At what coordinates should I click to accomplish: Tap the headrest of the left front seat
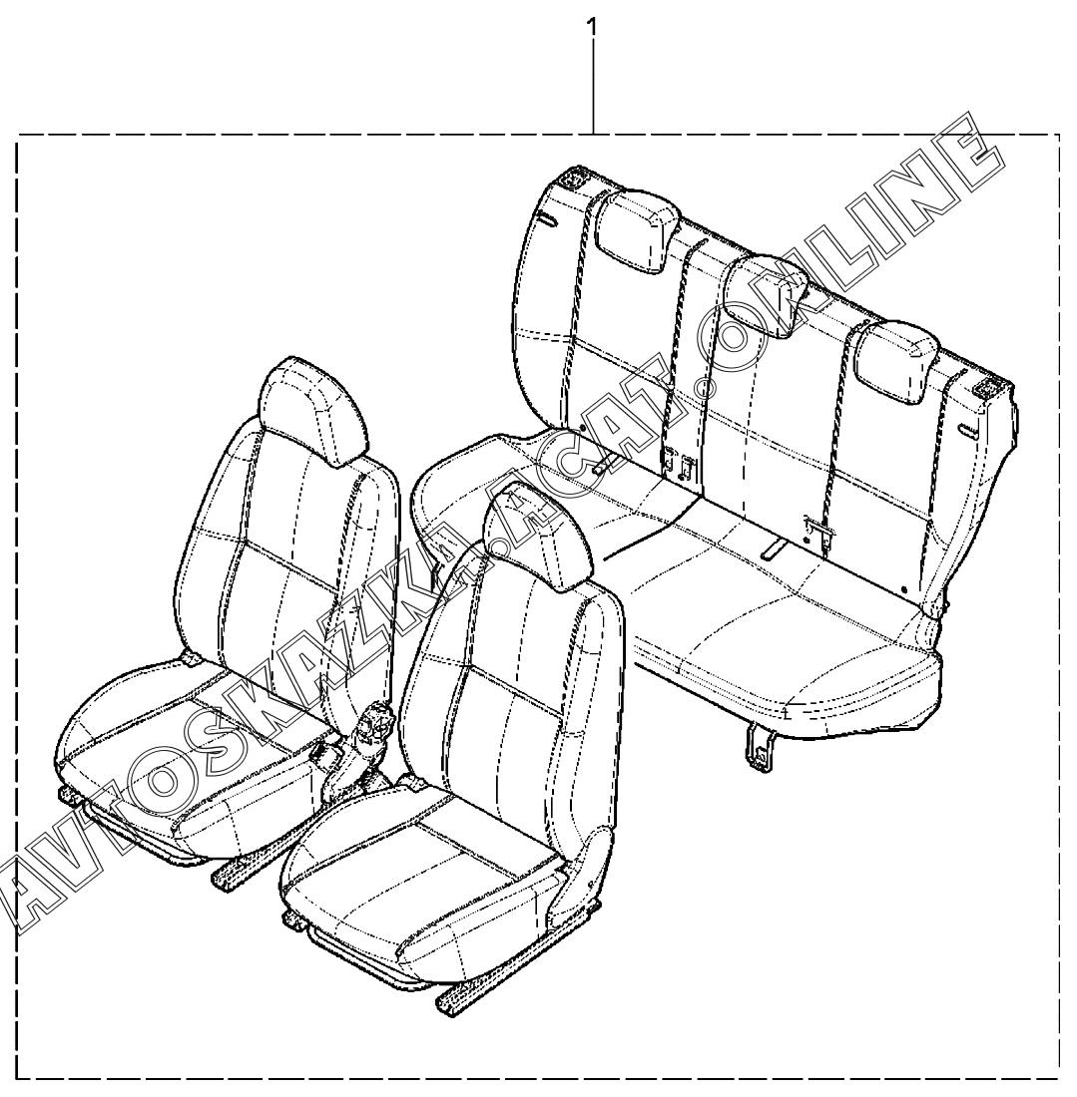click(310, 409)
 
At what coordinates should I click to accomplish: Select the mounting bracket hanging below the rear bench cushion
click(761, 750)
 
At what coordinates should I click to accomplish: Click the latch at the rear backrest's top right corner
click(991, 391)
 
